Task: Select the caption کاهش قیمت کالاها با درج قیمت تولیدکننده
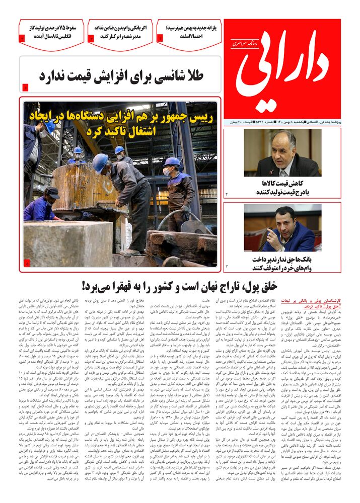(283, 187)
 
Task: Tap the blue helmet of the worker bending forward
(100, 162)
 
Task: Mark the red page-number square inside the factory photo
(27, 262)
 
